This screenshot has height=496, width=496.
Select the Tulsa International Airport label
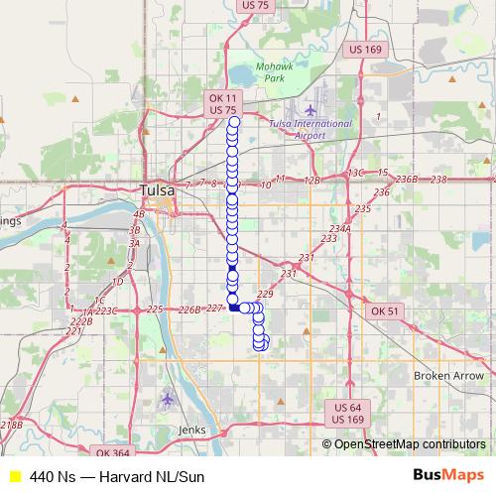coord(310,130)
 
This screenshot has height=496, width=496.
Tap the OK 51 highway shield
coord(384,311)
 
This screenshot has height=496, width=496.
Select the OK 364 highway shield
coord(114,453)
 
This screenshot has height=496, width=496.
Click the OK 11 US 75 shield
coord(223,103)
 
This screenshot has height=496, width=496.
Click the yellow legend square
coord(14,476)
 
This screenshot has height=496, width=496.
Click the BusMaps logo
coord(447,475)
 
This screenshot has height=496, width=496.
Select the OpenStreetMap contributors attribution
coord(409,443)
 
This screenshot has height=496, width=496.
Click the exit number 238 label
coord(439,179)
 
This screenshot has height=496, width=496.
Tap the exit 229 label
coord(264,294)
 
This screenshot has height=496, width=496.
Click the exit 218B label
coord(11,426)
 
